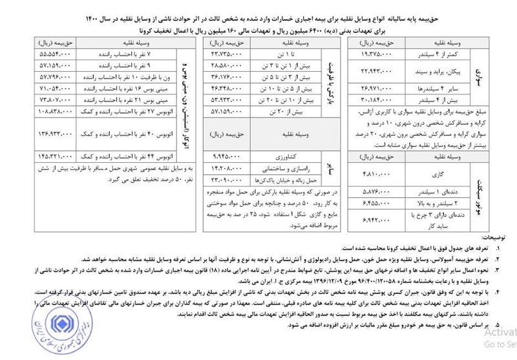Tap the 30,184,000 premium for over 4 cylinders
(x=375, y=99)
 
